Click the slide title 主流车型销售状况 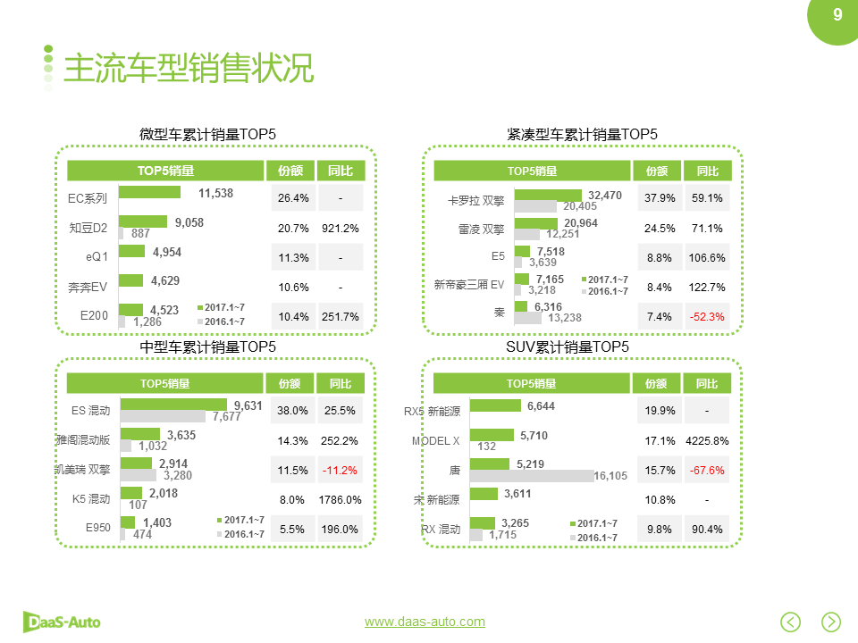pyautogui.click(x=189, y=68)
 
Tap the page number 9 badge pyautogui.click(x=837, y=15)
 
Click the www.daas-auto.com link pyautogui.click(x=425, y=622)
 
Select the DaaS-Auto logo pyautogui.click(x=62, y=621)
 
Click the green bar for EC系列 pyautogui.click(x=149, y=192)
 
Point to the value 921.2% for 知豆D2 pyautogui.click(x=340, y=229)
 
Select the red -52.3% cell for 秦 pyautogui.click(x=707, y=317)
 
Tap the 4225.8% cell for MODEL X pyautogui.click(x=707, y=441)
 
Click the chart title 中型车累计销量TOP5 pyautogui.click(x=207, y=347)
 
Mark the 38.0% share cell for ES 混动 pyautogui.click(x=292, y=411)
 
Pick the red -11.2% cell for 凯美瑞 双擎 pyautogui.click(x=340, y=471)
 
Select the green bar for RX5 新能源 pyautogui.click(x=495, y=405)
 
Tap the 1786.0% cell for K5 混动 pyautogui.click(x=340, y=500)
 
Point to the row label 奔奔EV pyautogui.click(x=88, y=288)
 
